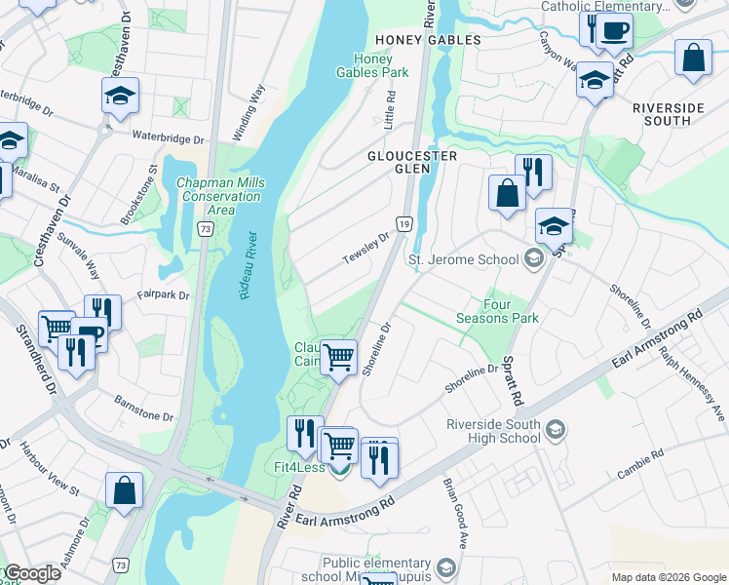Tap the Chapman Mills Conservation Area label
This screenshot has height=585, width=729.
pyautogui.click(x=219, y=196)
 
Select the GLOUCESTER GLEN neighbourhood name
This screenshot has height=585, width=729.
pyautogui.click(x=412, y=163)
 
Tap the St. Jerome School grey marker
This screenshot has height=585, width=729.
pyautogui.click(x=532, y=259)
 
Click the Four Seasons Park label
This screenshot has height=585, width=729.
pyautogui.click(x=497, y=311)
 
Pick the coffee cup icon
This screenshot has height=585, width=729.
pyautogui.click(x=614, y=30)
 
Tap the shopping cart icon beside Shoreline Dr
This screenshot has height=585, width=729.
pyautogui.click(x=338, y=356)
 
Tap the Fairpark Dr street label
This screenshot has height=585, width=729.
pyautogui.click(x=162, y=293)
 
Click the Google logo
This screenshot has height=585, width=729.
pyautogui.click(x=31, y=573)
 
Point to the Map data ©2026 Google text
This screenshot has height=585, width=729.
pyautogui.click(x=668, y=577)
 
